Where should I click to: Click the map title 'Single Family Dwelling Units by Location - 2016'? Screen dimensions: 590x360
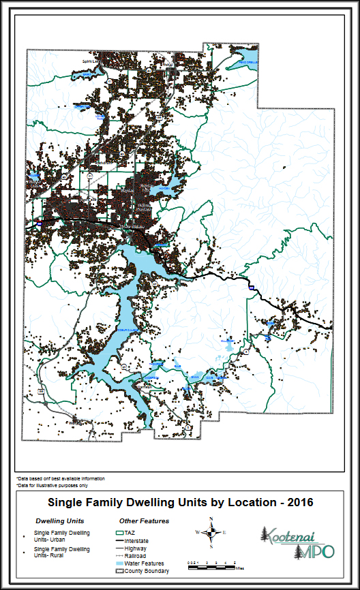(180, 503)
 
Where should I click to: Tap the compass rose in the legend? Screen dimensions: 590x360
(211, 533)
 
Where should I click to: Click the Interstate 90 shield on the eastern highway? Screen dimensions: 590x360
(250, 289)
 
